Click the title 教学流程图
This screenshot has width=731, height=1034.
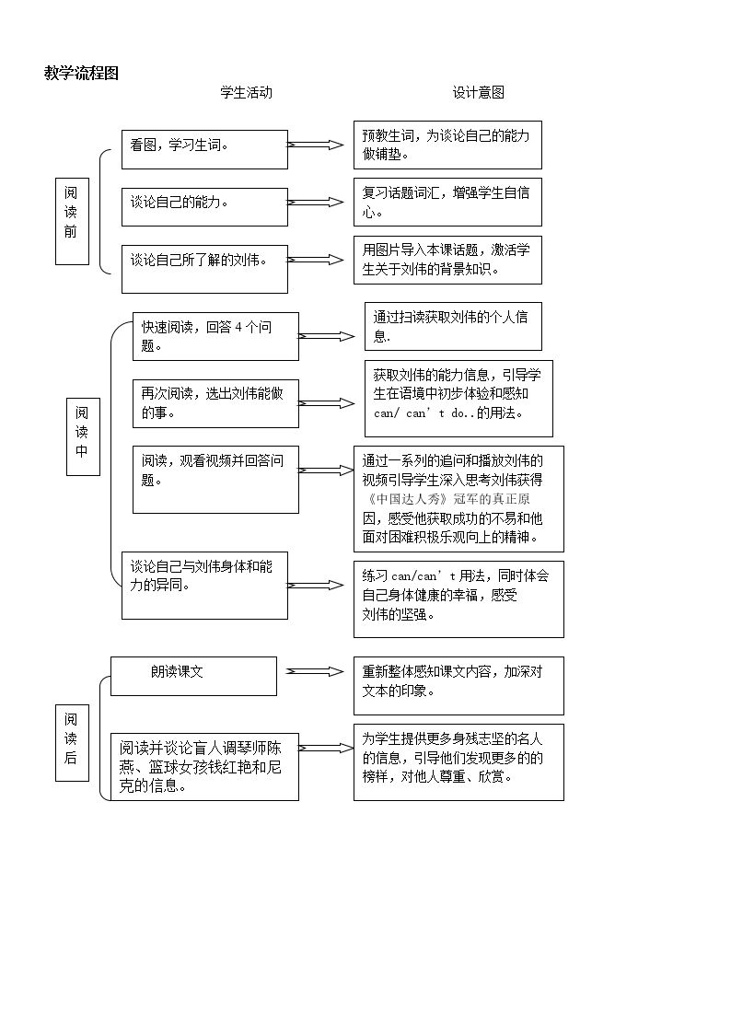pos(81,73)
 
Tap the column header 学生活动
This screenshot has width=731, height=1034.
pos(246,92)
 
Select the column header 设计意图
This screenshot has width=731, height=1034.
pos(479,92)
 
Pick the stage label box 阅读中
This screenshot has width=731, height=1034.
pos(83,436)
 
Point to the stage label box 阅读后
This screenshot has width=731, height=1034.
pos(72,742)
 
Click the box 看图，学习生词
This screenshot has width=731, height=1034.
pos(204,150)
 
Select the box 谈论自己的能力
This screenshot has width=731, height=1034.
pos(204,207)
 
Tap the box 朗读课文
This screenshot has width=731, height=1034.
pos(193,676)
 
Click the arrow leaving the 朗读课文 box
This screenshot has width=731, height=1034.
pos(315,672)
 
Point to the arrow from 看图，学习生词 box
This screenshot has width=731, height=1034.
pos(315,145)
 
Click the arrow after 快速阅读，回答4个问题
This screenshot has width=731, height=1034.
pos(326,336)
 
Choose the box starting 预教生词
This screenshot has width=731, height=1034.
pos(447,145)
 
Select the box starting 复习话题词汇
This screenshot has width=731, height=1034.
pos(447,202)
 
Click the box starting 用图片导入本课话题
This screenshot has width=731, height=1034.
pos(447,260)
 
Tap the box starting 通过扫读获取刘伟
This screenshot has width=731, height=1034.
pos(453,327)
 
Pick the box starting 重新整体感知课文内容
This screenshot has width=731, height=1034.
pos(458,686)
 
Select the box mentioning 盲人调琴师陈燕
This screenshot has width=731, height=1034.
pos(204,767)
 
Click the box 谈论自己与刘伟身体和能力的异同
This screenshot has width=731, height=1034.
pos(204,586)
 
